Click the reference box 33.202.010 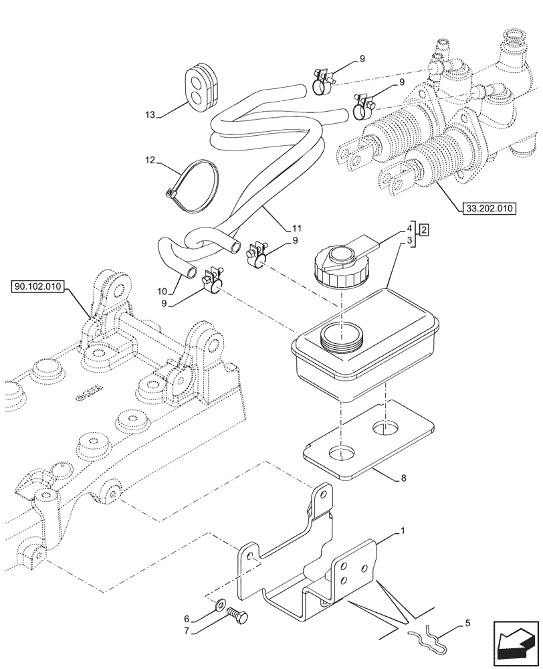point(488,209)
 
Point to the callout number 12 point(150,161)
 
